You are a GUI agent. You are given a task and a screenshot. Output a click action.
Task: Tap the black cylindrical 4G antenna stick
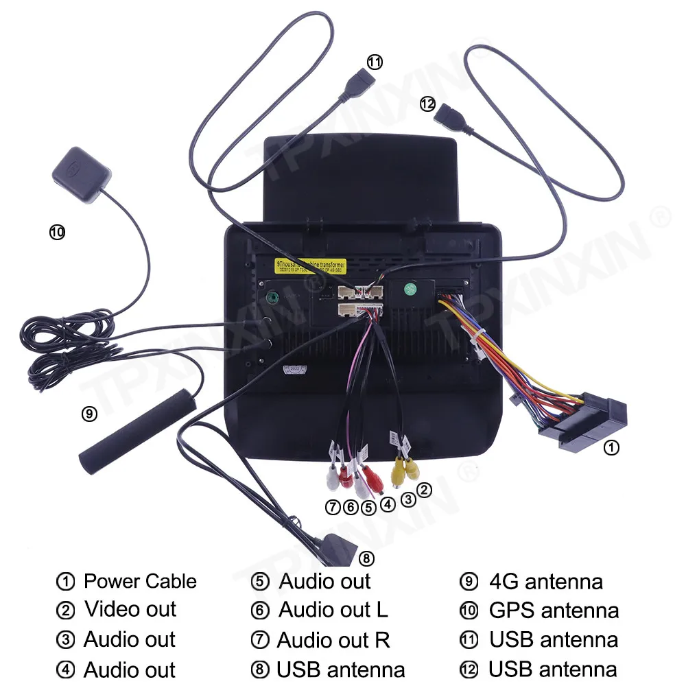coord(137,430)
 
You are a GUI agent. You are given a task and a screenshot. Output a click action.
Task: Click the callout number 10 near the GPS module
coord(57,232)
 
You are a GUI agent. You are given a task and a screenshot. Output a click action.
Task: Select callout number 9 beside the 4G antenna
coord(89,414)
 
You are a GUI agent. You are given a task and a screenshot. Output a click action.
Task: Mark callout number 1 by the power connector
coord(611,448)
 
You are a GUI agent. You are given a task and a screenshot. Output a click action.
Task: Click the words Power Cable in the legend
coord(140,582)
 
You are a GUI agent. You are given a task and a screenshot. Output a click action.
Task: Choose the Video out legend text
coord(130,609)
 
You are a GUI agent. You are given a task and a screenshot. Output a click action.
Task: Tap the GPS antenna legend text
coord(554,610)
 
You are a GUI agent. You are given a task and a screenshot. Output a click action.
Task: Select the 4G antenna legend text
coord(546,582)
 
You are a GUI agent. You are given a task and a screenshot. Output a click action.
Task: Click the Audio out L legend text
coord(333,609)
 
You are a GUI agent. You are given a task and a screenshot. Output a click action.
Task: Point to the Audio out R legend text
coord(333,640)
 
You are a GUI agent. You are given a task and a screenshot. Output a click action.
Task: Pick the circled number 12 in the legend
coord(469,670)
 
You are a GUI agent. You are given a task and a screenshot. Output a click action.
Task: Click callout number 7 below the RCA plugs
coord(333,507)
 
